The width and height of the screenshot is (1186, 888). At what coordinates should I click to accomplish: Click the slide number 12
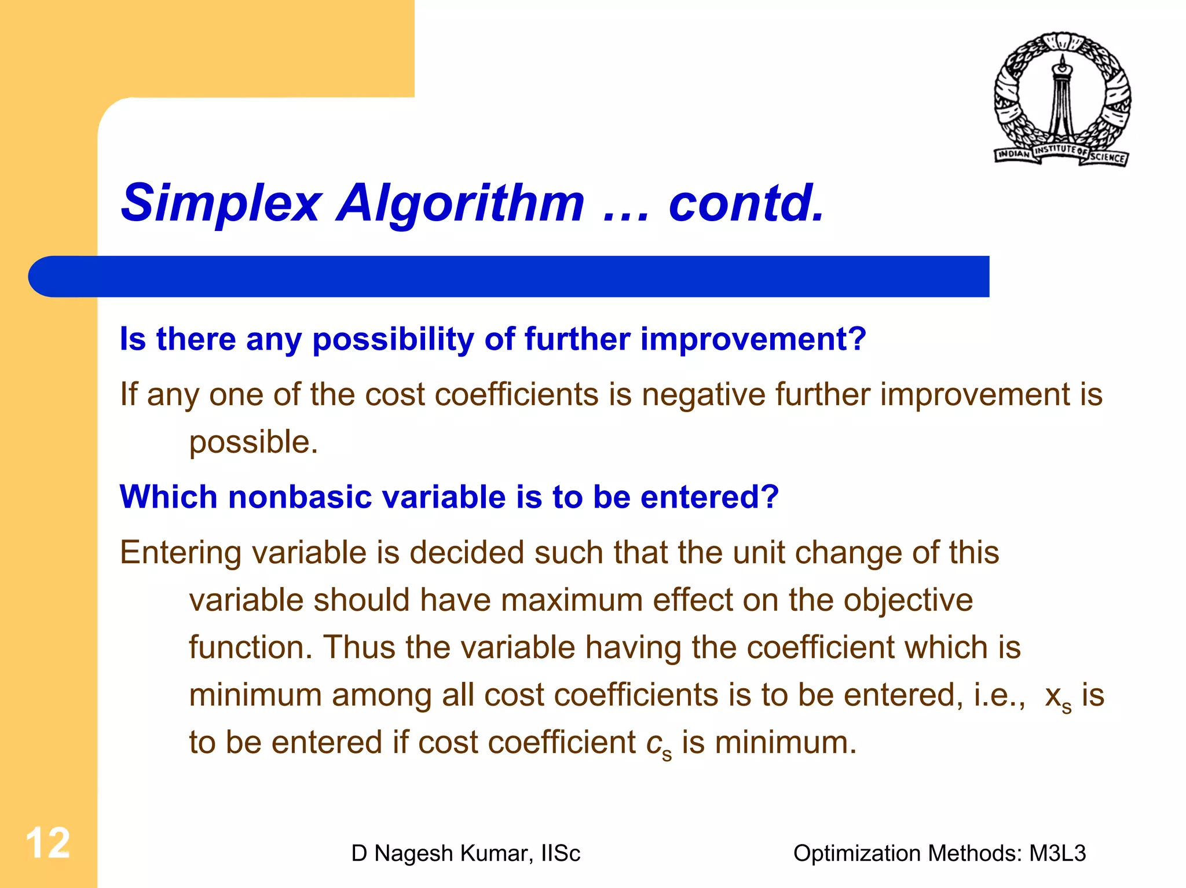click(x=47, y=843)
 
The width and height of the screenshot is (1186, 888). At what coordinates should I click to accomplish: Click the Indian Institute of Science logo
click(x=1062, y=100)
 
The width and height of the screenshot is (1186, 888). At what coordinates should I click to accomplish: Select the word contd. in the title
click(x=746, y=203)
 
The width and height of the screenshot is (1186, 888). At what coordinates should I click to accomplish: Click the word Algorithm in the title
click(x=460, y=203)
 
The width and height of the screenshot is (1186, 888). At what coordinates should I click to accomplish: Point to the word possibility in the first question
click(x=393, y=339)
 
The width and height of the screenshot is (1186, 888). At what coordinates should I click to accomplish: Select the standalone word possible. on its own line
click(x=254, y=442)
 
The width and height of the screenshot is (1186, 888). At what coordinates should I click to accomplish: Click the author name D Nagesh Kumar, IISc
click(x=466, y=854)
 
